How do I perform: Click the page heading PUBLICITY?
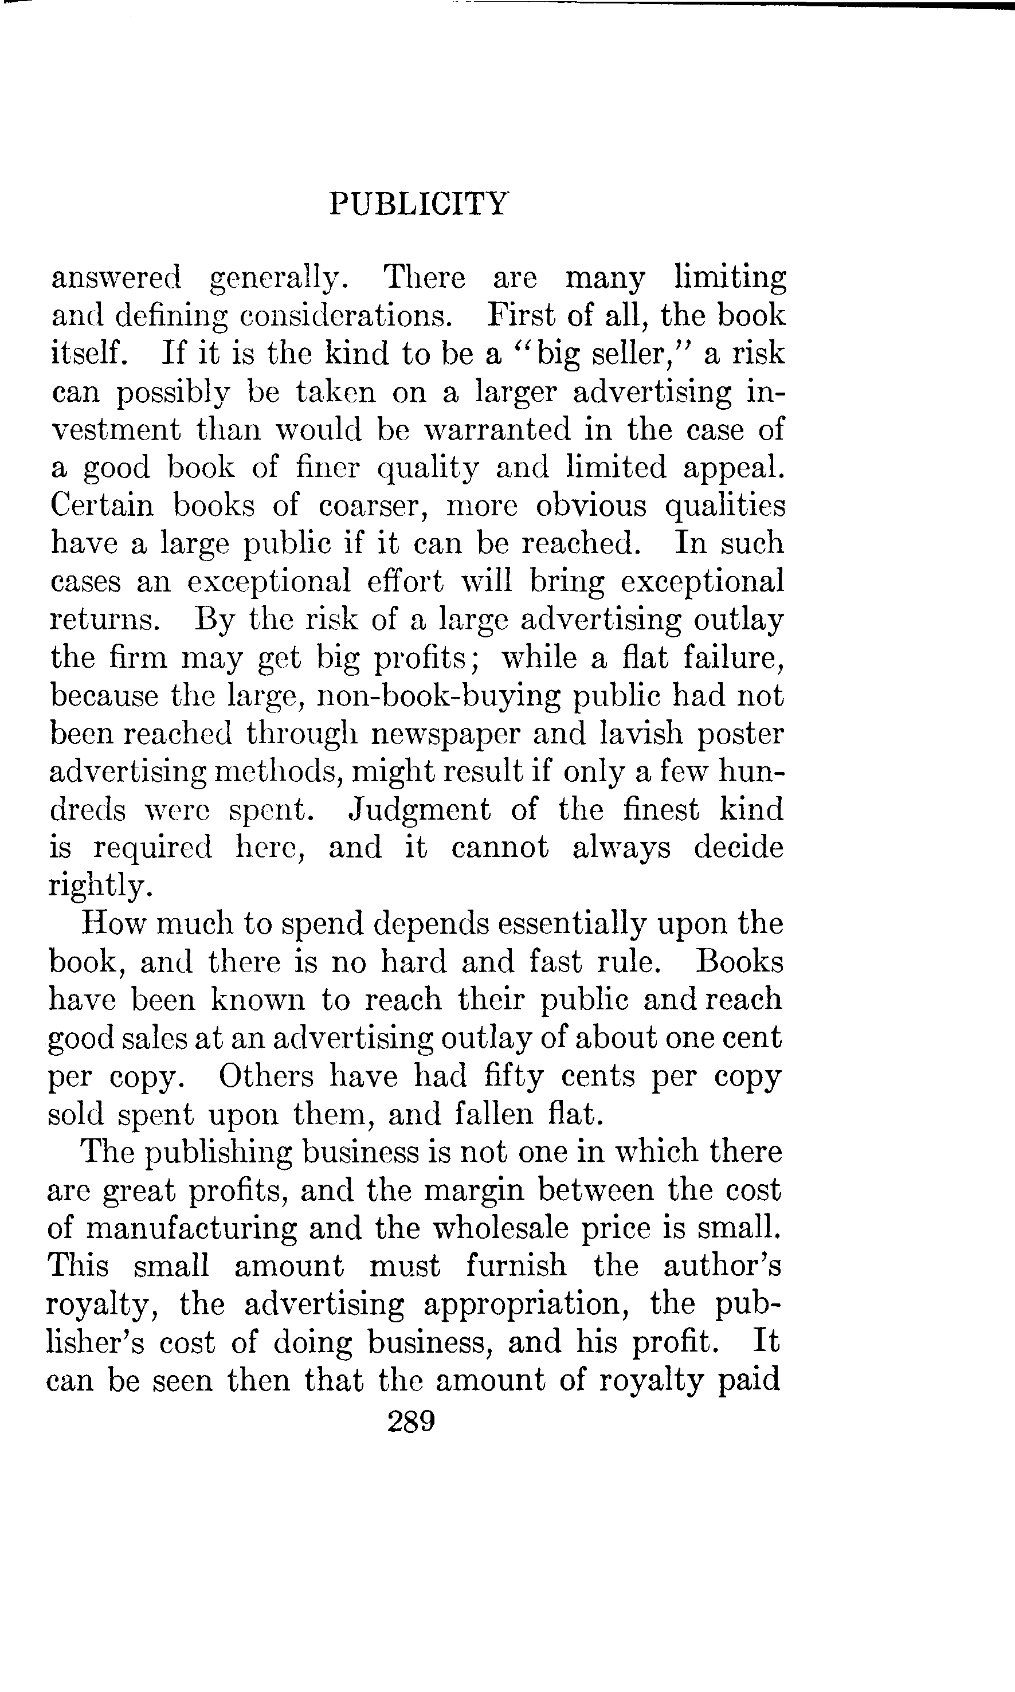click(x=418, y=204)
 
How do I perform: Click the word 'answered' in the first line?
click(x=116, y=277)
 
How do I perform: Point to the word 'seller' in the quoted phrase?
click(x=629, y=354)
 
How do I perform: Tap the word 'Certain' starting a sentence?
click(x=102, y=506)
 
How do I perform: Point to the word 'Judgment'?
click(x=420, y=810)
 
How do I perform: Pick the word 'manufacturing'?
click(x=192, y=1229)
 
